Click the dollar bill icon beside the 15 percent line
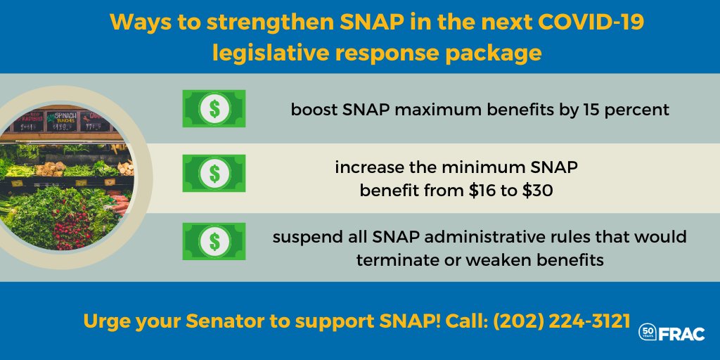pyautogui.click(x=214, y=108)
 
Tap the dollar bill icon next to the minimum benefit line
pyautogui.click(x=214, y=173)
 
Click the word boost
pyautogui.click(x=313, y=110)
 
